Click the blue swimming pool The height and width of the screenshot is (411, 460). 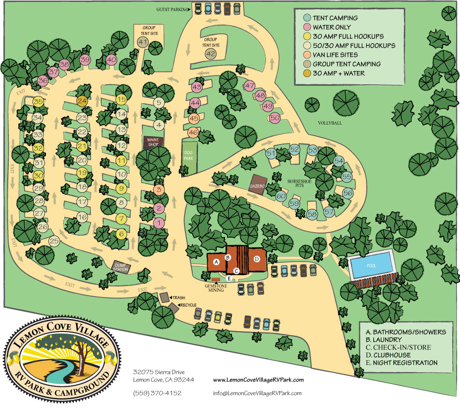point(371,265)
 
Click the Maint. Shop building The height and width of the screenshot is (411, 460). point(153,142)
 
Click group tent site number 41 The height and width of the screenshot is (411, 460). point(142,43)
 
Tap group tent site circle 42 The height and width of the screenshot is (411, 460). point(210,54)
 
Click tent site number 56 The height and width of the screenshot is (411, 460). point(347,192)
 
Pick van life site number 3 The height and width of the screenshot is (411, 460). point(158,190)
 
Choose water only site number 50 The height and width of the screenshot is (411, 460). point(275,117)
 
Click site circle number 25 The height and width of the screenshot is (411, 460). point(54,241)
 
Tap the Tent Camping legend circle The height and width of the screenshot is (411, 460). point(304,18)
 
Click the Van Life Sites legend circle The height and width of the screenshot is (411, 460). point(304,55)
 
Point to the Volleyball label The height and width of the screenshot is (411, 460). point(330,123)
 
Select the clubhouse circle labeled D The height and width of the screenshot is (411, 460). point(257,259)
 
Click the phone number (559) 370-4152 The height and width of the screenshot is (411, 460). point(157,393)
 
